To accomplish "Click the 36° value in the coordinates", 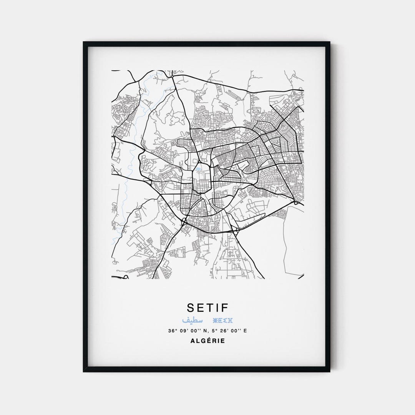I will pyautogui.click(x=171, y=330).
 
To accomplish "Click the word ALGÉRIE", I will pyautogui.click(x=207, y=340).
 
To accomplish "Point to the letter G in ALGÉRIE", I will pyautogui.click(x=202, y=340).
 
